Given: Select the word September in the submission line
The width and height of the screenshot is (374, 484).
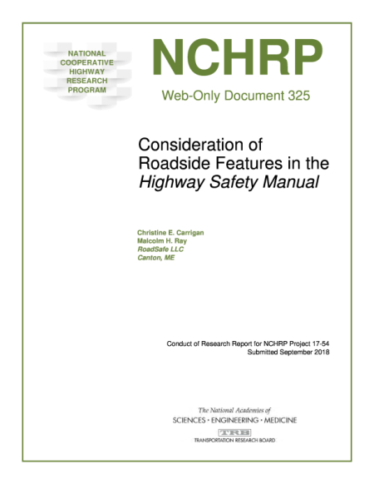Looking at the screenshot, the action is pyautogui.click(x=290, y=353).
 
